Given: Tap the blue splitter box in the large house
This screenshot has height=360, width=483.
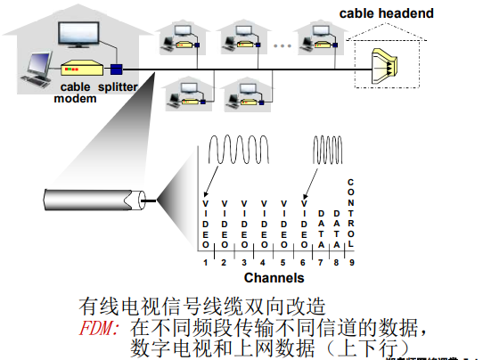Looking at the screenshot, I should [115, 69].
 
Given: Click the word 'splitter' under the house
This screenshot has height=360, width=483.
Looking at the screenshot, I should [119, 87].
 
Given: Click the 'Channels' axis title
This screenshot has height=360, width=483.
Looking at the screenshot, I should [268, 277].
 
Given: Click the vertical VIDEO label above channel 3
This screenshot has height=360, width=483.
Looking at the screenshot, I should [243, 224].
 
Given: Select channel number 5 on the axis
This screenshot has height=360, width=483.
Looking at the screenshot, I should [282, 262].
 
